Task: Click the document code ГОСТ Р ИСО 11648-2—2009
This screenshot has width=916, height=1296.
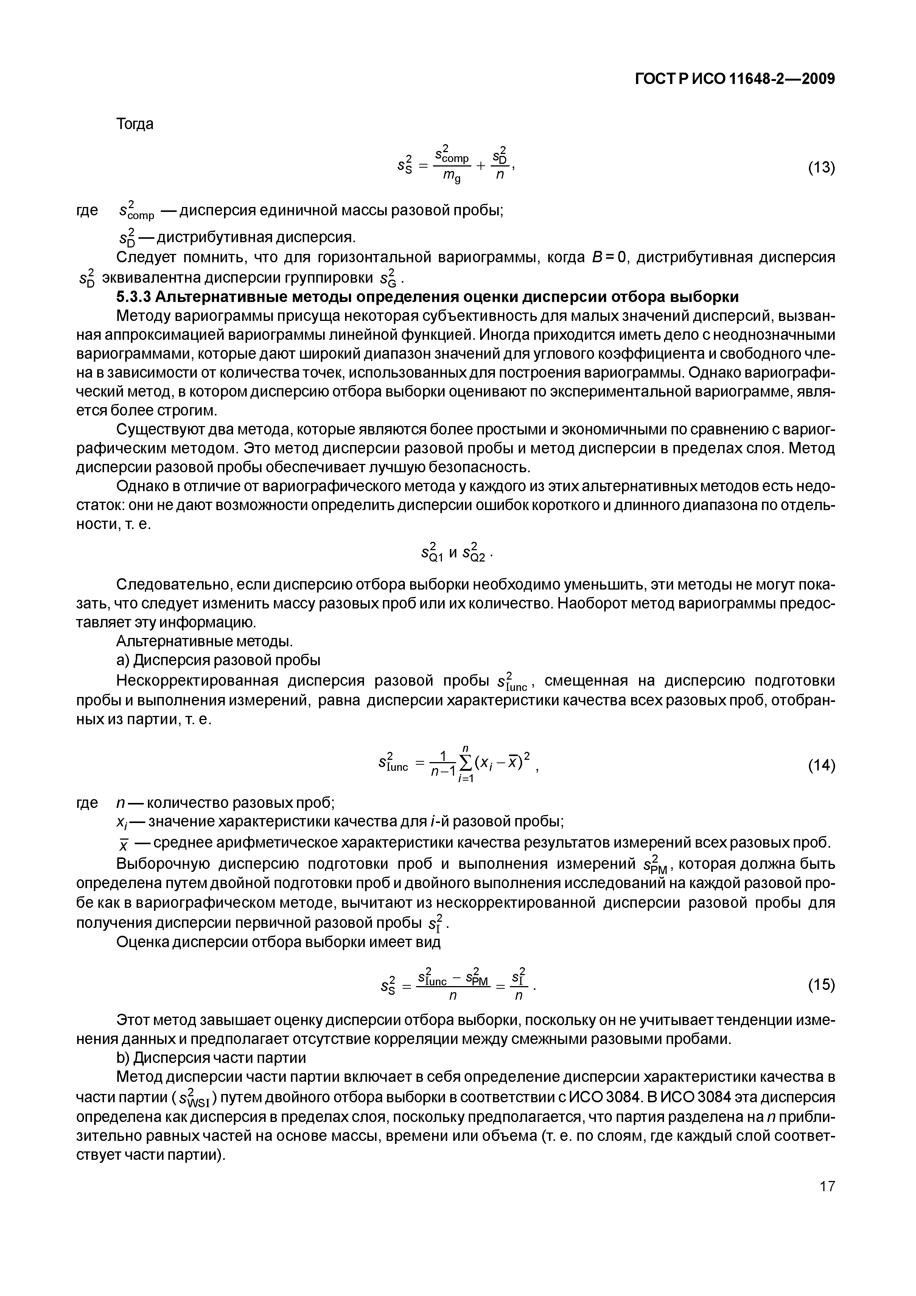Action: tap(735, 79)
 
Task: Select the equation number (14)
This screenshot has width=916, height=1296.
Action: tap(821, 766)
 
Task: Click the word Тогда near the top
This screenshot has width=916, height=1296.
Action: tap(134, 124)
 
